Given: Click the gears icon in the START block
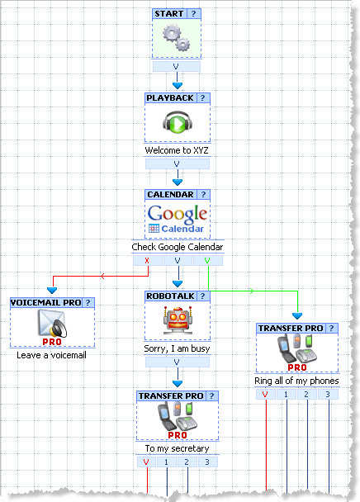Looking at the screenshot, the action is pos(177,38).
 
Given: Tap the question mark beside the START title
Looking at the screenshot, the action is pos(193,14).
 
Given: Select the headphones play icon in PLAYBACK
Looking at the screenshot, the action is pos(178,122).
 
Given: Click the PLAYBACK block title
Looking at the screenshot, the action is pos(170,98).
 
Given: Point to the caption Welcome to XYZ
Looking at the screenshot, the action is pos(177,150).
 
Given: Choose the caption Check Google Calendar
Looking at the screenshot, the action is pos(178,247).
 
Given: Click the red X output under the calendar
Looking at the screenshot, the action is pos(147,260).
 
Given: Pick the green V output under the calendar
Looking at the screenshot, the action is pos(207,260).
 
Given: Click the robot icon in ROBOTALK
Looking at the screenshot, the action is pos(178,320).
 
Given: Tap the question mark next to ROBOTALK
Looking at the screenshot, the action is pos(202,296).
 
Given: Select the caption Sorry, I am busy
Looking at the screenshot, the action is pos(178,348).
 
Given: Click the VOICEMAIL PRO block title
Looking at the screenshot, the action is pos(45,302).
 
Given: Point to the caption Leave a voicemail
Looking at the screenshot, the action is pos(51,355).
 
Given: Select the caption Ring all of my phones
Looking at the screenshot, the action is pos(296,381).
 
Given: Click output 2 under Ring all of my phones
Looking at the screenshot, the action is pos(306,395).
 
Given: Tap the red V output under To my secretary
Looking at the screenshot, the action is pos(146,462).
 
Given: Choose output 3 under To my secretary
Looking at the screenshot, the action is pos(207,462).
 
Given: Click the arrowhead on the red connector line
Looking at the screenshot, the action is pos(102,276).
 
